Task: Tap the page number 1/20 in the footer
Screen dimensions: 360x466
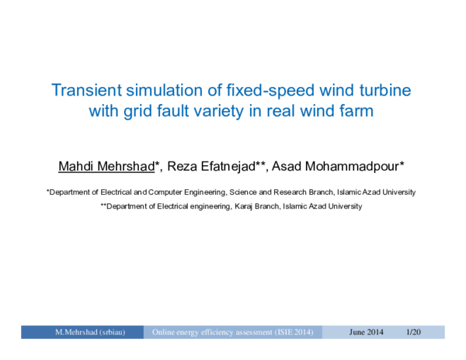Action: pos(413,332)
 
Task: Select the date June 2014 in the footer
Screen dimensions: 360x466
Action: pos(367,332)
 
